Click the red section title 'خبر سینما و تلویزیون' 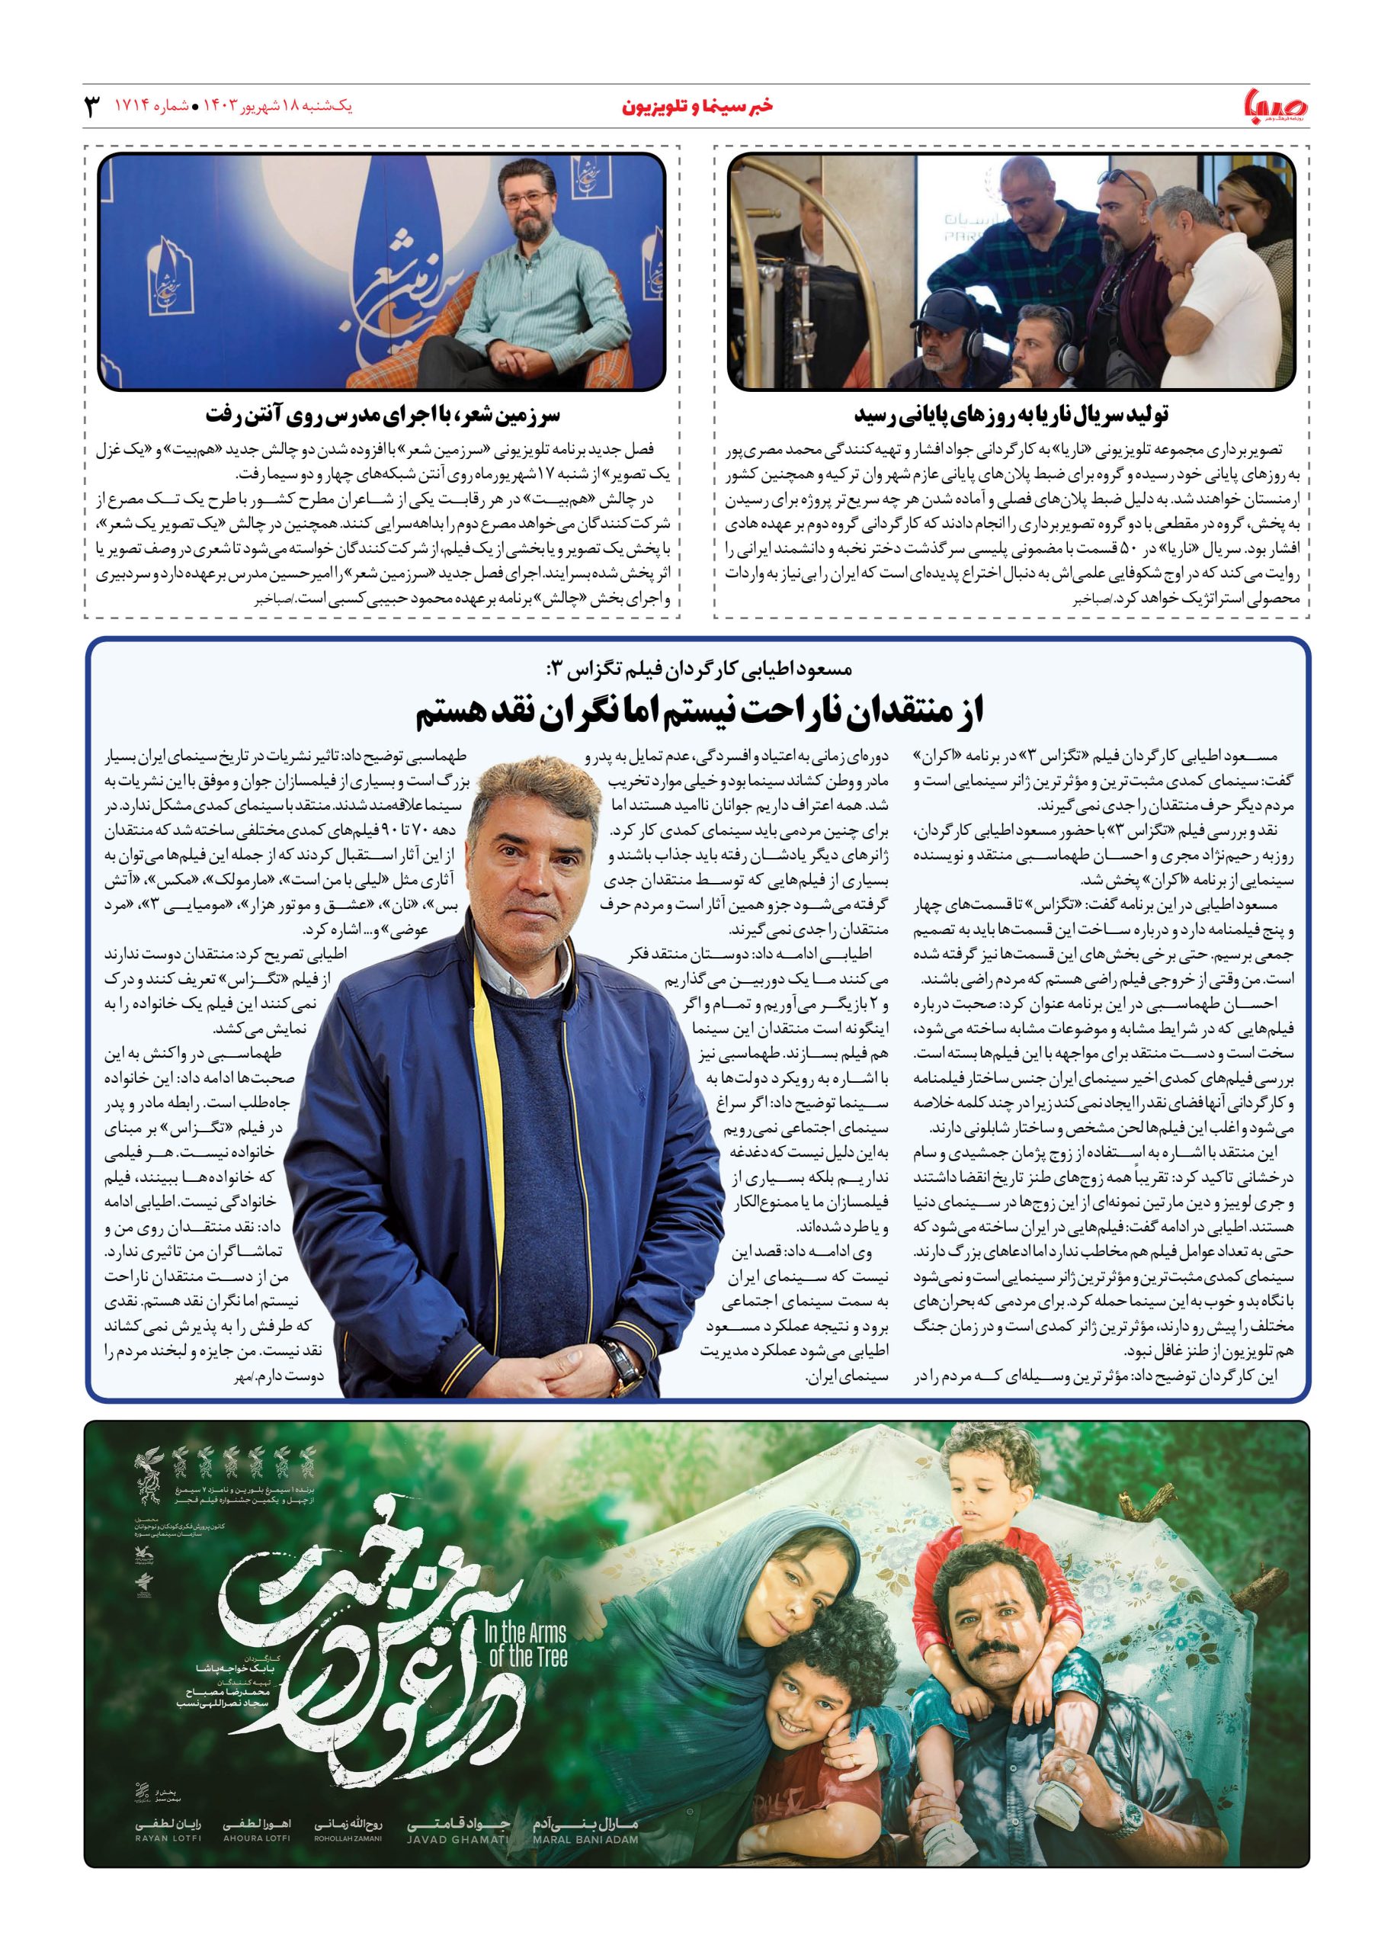696,108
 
